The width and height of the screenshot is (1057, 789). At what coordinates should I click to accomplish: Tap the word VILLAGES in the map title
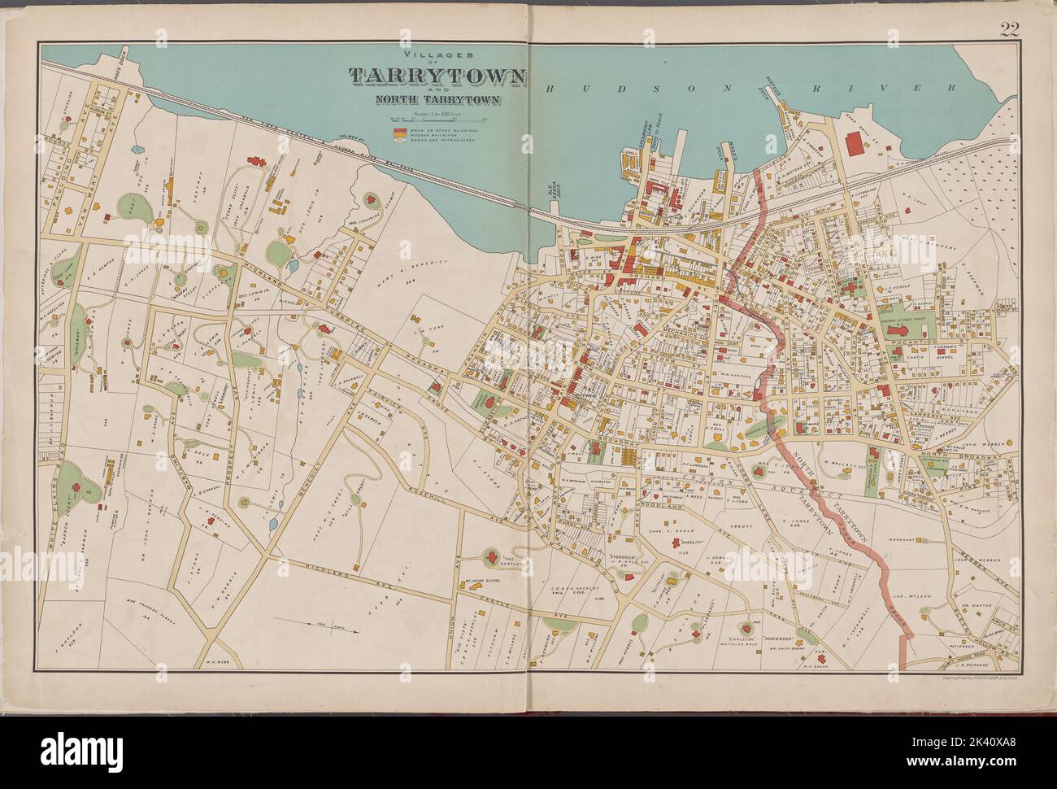click(x=436, y=55)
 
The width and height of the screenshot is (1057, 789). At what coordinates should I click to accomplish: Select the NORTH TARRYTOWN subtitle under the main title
click(x=437, y=100)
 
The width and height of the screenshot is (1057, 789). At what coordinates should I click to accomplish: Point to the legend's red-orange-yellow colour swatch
click(x=398, y=134)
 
